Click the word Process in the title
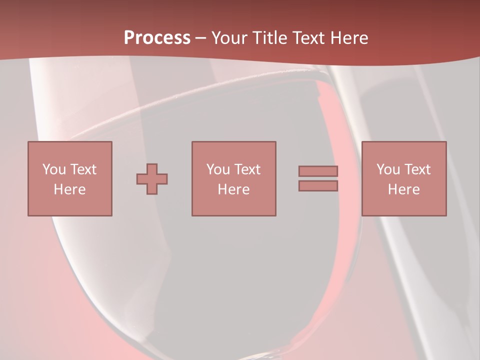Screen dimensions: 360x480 click(157, 37)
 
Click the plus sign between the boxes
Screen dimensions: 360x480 click(152, 178)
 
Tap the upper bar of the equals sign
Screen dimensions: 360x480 click(318, 171)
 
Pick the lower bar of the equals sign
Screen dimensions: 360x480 click(318, 185)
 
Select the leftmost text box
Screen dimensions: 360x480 click(69, 178)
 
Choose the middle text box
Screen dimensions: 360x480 click(233, 178)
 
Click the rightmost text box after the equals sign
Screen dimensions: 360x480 click(403, 178)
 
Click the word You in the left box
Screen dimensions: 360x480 click(54, 169)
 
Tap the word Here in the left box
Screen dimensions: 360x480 click(69, 189)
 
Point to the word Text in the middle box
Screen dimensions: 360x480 click(247, 169)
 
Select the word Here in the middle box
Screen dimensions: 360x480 click(233, 189)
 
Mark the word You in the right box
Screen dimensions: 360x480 click(388, 169)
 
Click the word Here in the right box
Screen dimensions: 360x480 click(403, 189)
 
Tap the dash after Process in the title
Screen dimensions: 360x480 click(201, 37)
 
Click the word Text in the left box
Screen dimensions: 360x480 click(83, 169)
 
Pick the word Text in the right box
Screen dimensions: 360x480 click(417, 169)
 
